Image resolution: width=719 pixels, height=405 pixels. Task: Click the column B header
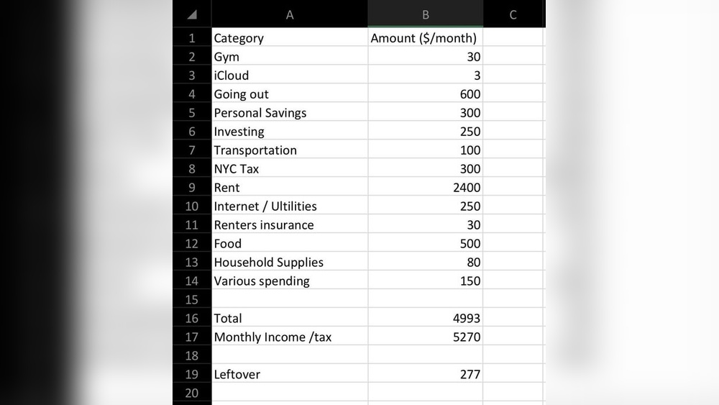[x=426, y=14]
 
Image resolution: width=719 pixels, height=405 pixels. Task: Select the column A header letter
[x=290, y=14]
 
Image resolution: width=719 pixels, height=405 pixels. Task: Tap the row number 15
[x=191, y=299]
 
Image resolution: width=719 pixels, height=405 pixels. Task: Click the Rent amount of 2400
[x=467, y=188]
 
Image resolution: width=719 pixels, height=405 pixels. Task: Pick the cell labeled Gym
[x=226, y=57]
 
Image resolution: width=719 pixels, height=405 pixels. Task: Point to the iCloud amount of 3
[x=477, y=76]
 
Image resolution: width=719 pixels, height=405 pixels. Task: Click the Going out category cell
[x=242, y=94]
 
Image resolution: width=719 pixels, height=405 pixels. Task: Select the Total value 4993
[x=467, y=318]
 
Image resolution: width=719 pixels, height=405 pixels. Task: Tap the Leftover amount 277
[x=470, y=374]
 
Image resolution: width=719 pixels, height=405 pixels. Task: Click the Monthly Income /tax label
[x=273, y=337]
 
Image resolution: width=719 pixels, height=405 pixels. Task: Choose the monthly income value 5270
[x=467, y=337]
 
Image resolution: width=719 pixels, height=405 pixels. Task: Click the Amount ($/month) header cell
[x=423, y=38]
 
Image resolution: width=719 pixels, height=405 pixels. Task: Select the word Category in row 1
[x=239, y=38]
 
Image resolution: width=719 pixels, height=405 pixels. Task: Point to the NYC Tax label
[x=237, y=169]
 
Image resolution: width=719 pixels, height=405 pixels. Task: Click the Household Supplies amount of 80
[x=473, y=263]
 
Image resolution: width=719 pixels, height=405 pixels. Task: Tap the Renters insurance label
[x=264, y=225]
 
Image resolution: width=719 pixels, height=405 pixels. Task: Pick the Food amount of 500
[x=470, y=244]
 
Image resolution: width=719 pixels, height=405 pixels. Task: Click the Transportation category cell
[x=255, y=150]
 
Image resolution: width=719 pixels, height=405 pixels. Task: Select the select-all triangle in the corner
[x=192, y=14]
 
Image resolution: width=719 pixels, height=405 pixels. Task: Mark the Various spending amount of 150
[x=470, y=281]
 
